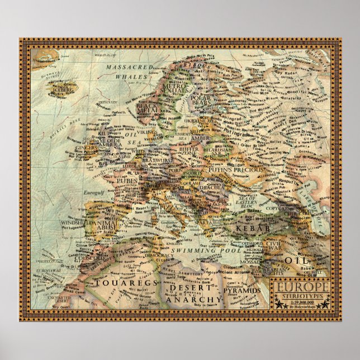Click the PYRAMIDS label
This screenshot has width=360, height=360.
243,291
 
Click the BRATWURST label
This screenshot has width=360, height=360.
150,159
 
